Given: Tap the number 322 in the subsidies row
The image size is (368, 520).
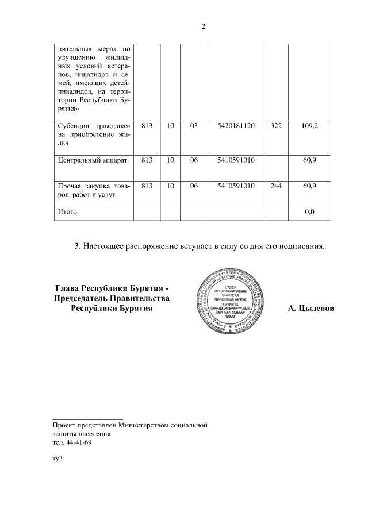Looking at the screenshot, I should pyautogui.click(x=275, y=125).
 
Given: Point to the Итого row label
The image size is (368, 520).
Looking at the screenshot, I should pyautogui.click(x=68, y=212).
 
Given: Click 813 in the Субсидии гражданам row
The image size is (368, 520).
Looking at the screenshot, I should pyautogui.click(x=147, y=125).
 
